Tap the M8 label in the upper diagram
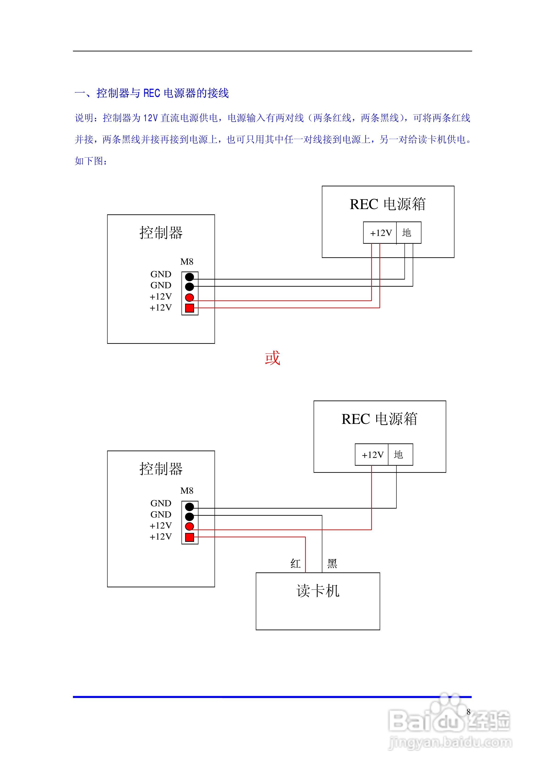click(x=187, y=262)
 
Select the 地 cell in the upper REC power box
click(x=409, y=233)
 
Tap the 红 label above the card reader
click(x=295, y=564)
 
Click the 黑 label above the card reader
click(x=332, y=564)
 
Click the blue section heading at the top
click(x=152, y=93)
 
